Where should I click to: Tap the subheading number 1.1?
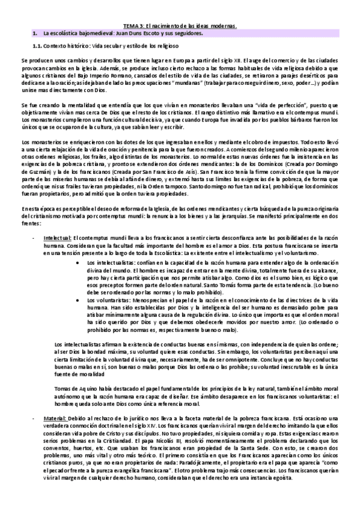[x=37, y=46]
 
